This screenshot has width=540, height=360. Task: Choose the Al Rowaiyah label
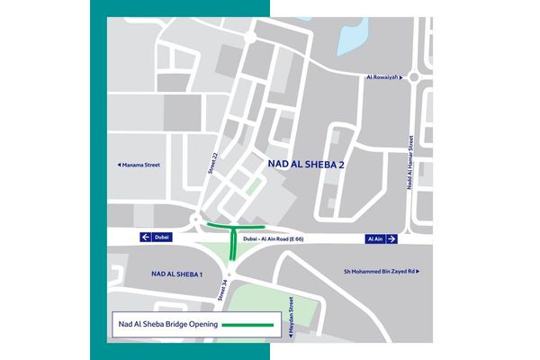[382, 77]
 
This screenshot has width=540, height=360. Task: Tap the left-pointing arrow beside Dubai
[144, 238]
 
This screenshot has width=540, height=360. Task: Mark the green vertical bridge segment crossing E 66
[233, 243]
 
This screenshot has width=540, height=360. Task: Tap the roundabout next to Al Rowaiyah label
[413, 77]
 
